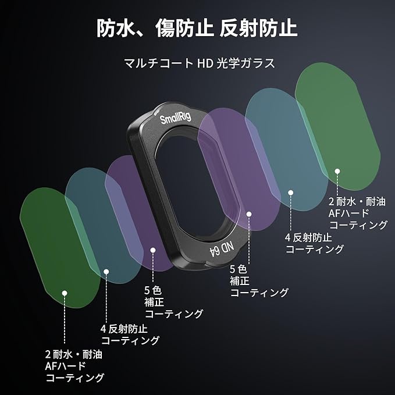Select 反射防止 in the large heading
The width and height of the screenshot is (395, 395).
coord(258,28)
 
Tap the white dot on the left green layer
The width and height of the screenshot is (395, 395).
coord(65,293)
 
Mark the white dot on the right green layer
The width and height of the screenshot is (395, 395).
coord(336,170)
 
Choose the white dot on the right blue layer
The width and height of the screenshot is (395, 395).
coord(291,192)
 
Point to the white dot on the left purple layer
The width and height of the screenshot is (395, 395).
coord(153,250)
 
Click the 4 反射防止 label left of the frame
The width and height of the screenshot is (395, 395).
coord(130,334)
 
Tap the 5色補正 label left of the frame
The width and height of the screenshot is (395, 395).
coord(173,303)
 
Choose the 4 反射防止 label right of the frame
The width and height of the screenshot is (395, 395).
coord(314,243)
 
